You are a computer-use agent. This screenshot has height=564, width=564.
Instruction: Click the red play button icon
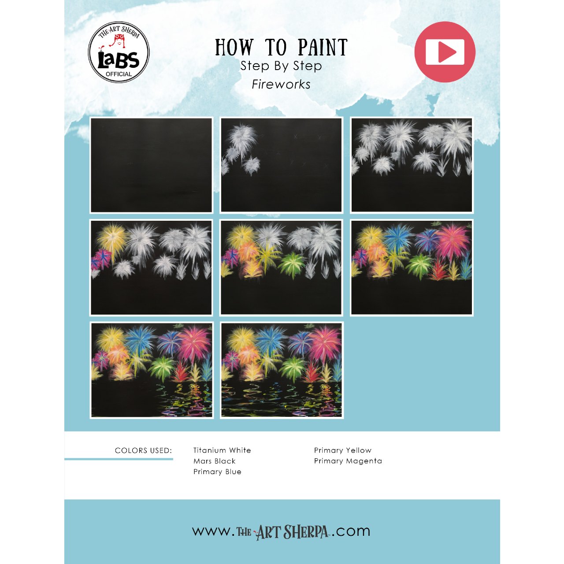(x=445, y=52)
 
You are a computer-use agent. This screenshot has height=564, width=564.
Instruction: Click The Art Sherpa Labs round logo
(x=119, y=52)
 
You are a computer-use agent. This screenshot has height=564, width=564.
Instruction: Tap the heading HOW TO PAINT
(x=281, y=47)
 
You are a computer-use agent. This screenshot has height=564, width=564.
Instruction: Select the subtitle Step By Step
(x=281, y=66)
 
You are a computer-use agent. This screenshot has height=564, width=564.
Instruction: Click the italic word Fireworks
(x=281, y=85)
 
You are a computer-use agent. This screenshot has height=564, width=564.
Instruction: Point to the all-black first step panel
(x=151, y=165)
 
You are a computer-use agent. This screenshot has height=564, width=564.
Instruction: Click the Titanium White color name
(x=222, y=450)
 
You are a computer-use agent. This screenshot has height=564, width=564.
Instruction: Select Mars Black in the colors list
(x=214, y=461)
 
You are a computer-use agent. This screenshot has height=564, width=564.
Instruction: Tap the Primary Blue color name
(x=217, y=471)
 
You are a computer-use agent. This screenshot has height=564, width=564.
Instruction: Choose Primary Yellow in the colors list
(x=342, y=450)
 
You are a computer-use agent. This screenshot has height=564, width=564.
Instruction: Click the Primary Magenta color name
(x=348, y=461)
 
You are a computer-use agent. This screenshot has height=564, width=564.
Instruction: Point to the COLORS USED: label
(x=143, y=450)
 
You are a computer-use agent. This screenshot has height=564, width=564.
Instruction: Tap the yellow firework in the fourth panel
(x=111, y=238)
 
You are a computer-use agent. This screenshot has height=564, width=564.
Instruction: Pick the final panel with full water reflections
(x=281, y=370)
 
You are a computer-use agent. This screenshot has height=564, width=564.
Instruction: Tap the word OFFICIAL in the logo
(x=119, y=74)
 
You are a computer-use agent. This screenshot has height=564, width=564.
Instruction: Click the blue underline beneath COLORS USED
(x=119, y=459)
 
